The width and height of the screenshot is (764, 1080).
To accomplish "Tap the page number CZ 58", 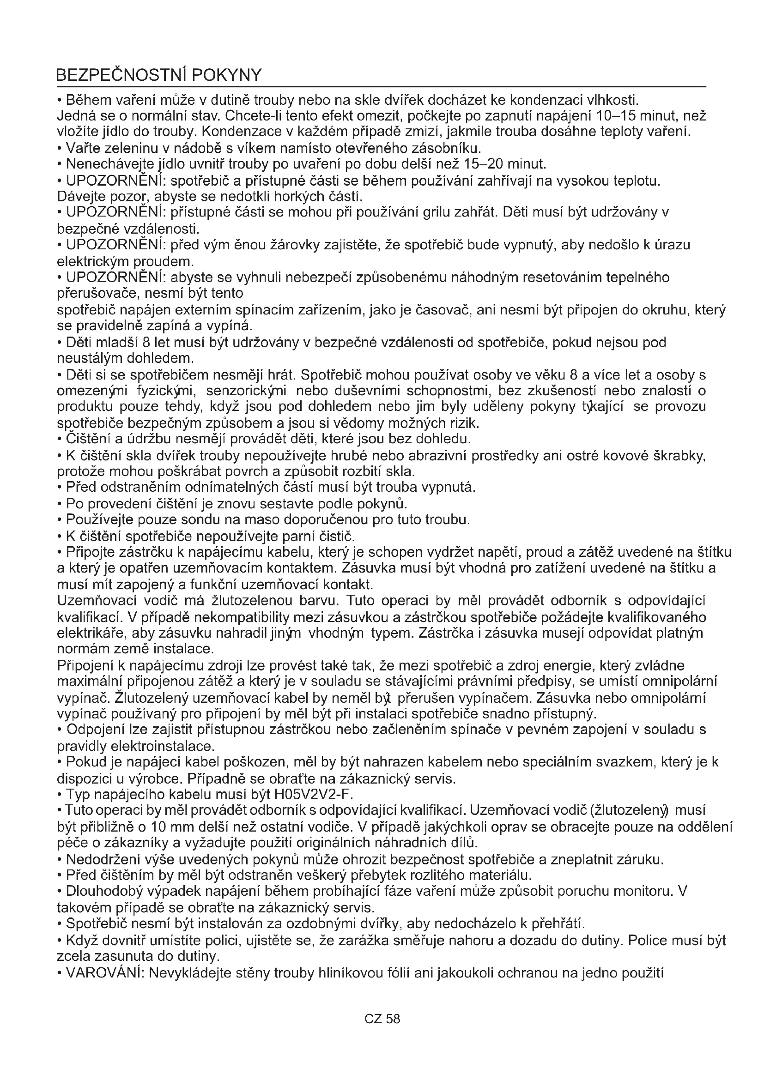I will coord(382,1019).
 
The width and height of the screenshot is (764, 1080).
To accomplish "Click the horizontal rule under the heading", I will coord(381,87).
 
